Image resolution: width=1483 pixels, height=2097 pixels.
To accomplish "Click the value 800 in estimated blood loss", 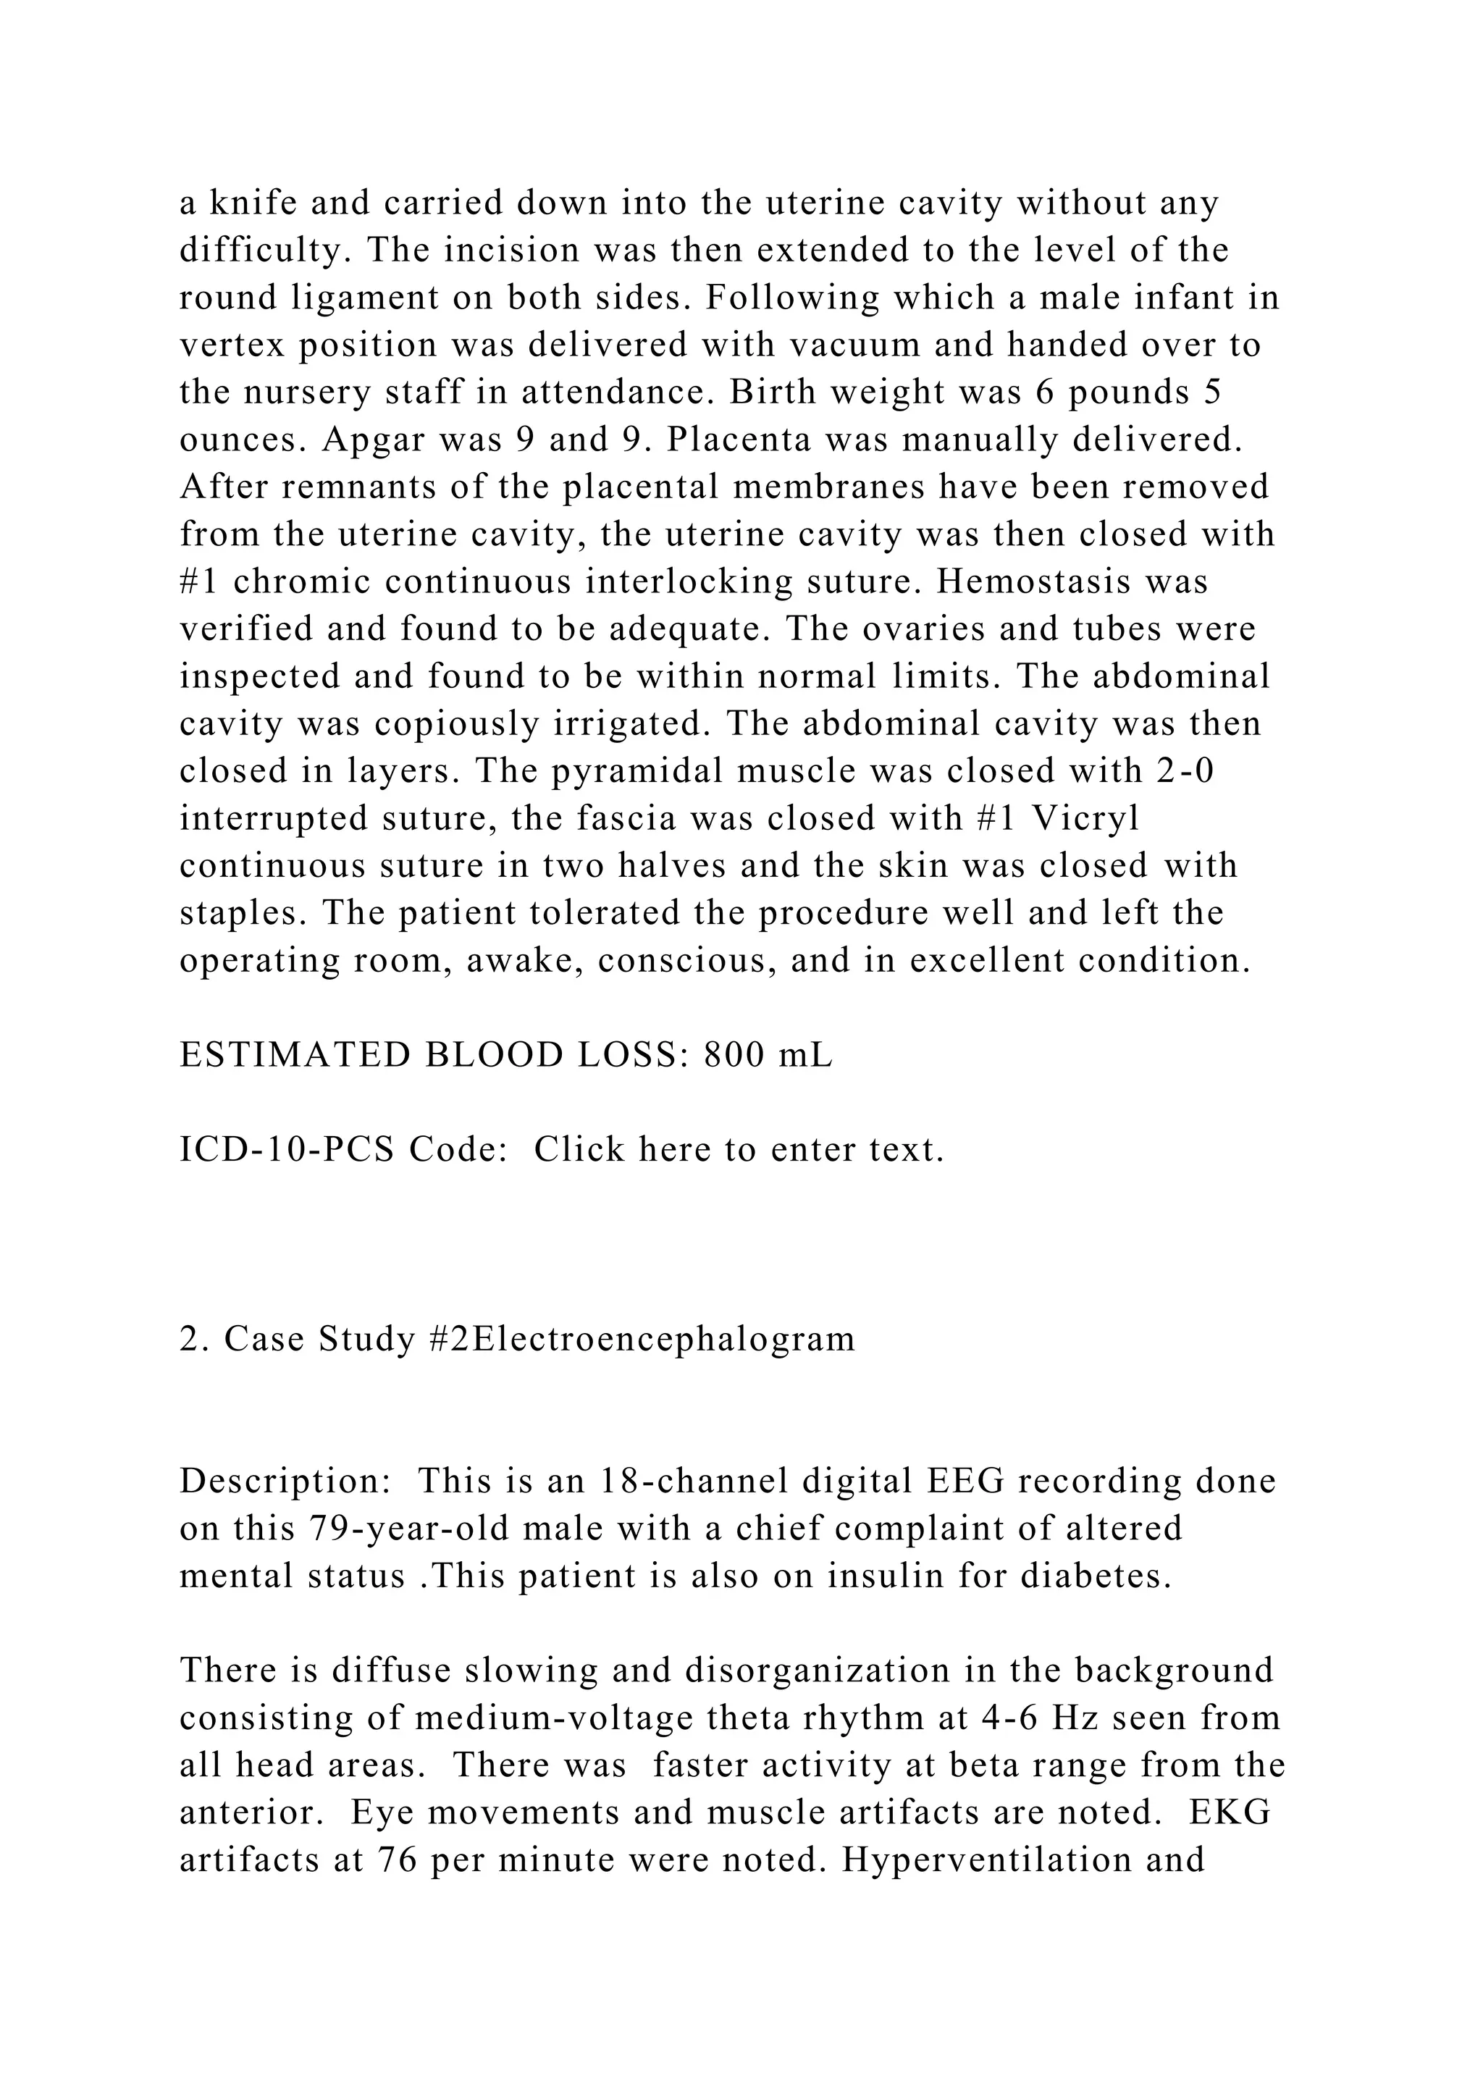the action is pyautogui.click(x=734, y=1055).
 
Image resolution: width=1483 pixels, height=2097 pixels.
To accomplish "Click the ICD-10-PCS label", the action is pyautogui.click(x=287, y=1149).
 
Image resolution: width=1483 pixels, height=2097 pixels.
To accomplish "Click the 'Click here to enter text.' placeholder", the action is pyautogui.click(x=739, y=1149).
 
